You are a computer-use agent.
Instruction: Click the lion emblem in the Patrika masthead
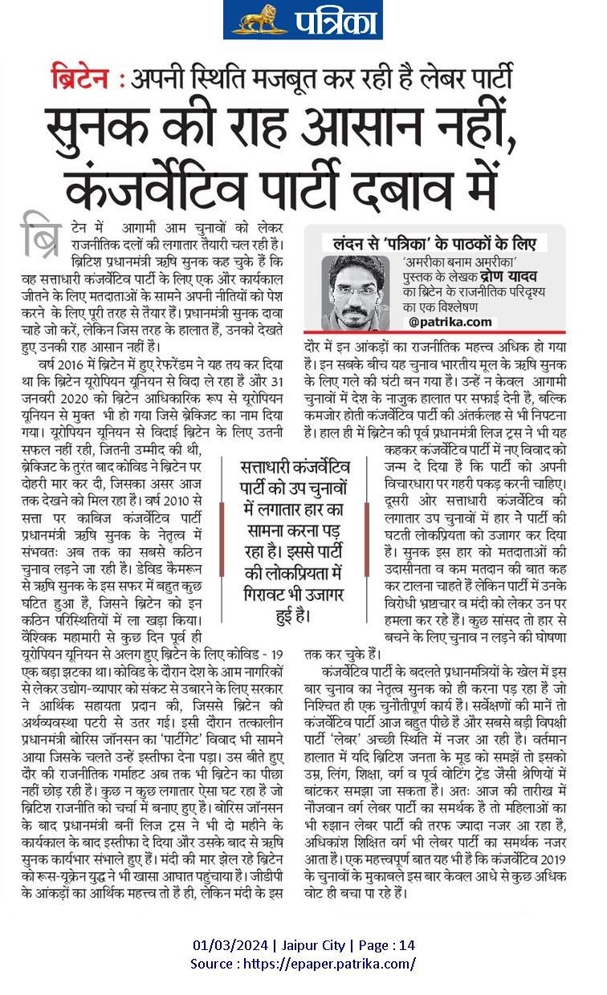coord(259,19)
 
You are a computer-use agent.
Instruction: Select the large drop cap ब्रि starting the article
coord(41,235)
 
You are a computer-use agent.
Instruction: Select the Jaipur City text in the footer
coord(313,944)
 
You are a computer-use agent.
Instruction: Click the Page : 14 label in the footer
coord(387,944)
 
